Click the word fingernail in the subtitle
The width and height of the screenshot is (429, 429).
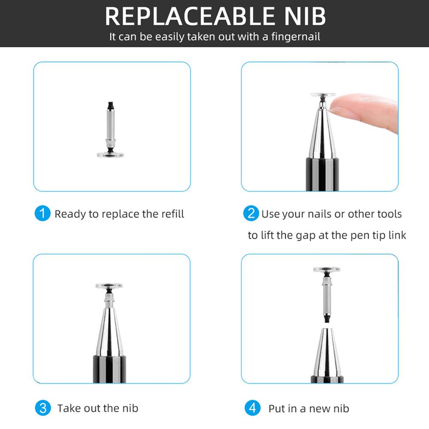point(296,36)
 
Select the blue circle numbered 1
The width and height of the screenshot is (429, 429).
point(42,214)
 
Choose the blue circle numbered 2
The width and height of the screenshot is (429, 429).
point(251,214)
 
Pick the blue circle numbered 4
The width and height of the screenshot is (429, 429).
point(252,408)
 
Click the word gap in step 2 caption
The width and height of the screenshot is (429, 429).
point(307,235)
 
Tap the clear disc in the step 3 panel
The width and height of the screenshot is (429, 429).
point(109,285)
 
